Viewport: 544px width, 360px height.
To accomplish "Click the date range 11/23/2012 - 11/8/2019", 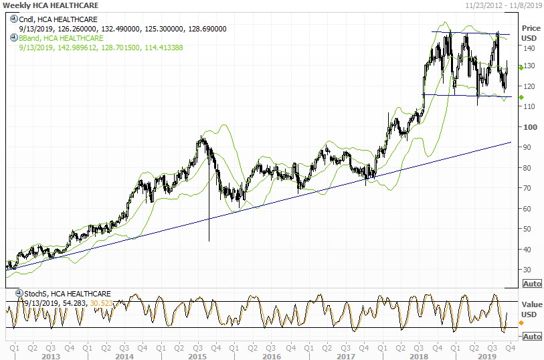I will (x=503, y=5).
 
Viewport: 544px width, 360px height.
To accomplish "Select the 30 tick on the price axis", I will (x=529, y=270).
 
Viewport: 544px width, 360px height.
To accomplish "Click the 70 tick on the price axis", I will (x=529, y=188).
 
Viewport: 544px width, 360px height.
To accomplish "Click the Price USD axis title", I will (x=531, y=32).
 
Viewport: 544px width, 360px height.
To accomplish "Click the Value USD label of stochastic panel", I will (x=531, y=308).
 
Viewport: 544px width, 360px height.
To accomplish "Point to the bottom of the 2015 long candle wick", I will (x=209, y=241).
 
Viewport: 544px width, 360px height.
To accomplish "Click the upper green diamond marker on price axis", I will (x=521, y=68).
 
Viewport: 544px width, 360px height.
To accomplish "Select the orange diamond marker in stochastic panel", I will (x=521, y=323).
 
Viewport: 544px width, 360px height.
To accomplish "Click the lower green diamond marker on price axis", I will (x=521, y=97).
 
